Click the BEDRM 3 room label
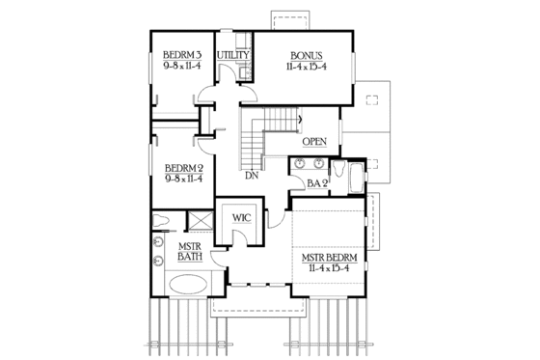click(x=181, y=53)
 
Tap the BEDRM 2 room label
click(x=181, y=165)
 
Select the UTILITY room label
click(x=233, y=56)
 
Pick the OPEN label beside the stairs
click(x=313, y=142)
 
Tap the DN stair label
click(x=251, y=177)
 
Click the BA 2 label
click(x=318, y=183)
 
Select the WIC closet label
click(x=241, y=218)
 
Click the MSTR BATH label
click(x=188, y=253)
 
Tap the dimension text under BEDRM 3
click(x=181, y=66)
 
